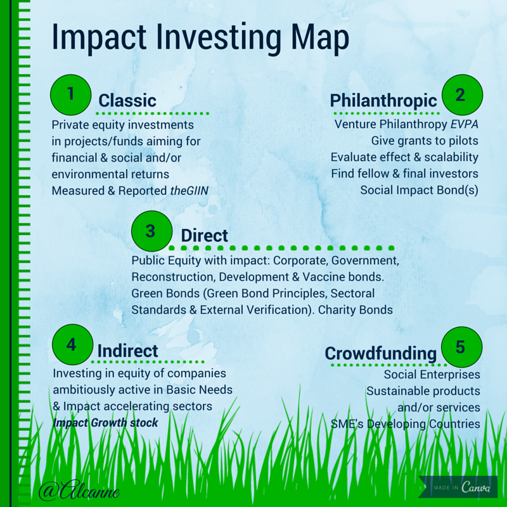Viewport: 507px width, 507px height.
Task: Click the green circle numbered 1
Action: [x=70, y=94]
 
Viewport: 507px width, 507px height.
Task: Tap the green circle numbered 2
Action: [x=462, y=95]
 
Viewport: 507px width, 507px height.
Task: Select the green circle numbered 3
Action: [x=151, y=231]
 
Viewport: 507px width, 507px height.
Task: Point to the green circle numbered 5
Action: [x=461, y=347]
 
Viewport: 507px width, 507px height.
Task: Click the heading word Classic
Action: [x=127, y=100]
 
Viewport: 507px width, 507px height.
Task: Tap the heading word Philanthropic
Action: [x=383, y=100]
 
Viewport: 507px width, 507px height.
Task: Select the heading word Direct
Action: [x=204, y=236]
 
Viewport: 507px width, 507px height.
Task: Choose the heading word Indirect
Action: [x=127, y=350]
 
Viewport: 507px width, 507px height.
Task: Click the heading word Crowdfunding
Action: [x=381, y=353]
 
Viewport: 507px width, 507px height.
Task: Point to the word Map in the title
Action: [x=316, y=38]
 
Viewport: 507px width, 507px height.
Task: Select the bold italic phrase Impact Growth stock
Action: [x=105, y=423]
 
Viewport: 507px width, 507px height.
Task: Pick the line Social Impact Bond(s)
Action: [x=420, y=189]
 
